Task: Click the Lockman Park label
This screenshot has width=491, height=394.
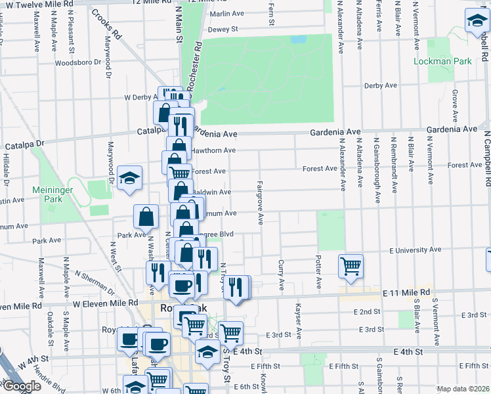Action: [443, 61]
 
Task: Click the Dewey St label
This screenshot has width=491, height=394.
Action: [223, 30]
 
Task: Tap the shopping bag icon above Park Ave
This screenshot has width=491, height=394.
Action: [146, 215]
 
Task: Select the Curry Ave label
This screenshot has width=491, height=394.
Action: [281, 275]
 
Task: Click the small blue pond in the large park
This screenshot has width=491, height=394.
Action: [299, 39]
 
